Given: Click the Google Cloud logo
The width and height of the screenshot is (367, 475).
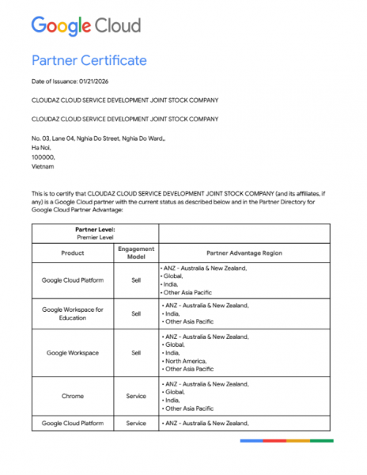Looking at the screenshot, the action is pos(86,26).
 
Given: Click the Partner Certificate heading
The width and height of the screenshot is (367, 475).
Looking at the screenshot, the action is pos(89,61).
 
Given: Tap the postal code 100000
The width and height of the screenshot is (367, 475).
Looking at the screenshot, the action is pos(43,158).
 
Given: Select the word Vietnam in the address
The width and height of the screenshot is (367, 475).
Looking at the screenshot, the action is pos(43,167).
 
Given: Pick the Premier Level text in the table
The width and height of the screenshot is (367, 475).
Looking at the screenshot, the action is pos(95,237).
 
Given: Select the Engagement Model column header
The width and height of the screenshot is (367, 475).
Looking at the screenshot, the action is pos(136,253).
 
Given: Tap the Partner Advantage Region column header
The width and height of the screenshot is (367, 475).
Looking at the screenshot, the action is pos(244,253).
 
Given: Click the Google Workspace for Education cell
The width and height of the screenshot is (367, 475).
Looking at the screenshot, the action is pos(73,313).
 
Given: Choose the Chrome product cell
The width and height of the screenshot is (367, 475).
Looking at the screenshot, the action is pos(73,396).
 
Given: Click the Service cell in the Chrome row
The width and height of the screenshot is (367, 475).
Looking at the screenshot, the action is pos(136,396).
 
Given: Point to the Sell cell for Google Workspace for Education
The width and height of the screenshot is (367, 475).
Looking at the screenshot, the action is pos(136,313).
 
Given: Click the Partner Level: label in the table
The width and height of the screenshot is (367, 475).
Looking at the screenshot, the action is pos(95,229).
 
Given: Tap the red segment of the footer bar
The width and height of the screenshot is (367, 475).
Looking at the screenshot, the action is pos(274,440).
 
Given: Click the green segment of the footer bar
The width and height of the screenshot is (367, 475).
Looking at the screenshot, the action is pos(321,440).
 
